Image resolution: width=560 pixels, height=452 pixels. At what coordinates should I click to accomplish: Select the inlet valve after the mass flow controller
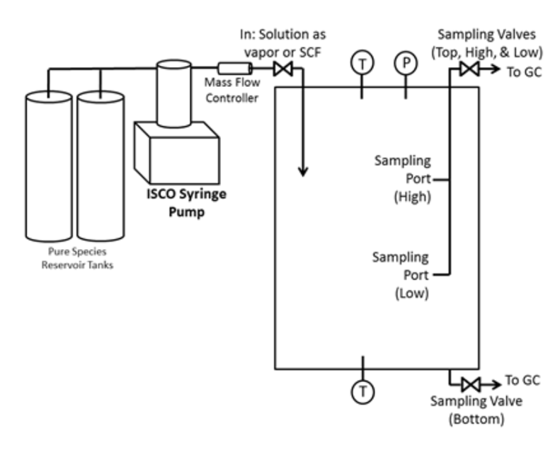point(283,69)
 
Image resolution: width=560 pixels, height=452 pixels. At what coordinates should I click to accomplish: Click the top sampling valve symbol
point(469,69)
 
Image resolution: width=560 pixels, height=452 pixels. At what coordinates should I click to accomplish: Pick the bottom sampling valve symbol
point(471,385)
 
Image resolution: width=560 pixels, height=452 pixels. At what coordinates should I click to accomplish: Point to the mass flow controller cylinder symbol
point(234,68)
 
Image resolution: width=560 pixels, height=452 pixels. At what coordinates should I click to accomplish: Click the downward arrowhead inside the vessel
point(303,172)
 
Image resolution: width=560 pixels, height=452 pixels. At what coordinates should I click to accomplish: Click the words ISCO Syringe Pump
point(186,202)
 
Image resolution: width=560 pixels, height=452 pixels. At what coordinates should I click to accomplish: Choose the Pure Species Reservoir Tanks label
point(77,258)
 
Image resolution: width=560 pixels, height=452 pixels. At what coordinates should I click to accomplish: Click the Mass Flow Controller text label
point(232,90)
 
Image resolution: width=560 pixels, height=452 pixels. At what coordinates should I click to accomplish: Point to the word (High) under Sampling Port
point(413,197)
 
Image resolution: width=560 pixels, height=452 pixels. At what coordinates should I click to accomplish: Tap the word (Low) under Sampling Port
point(412,294)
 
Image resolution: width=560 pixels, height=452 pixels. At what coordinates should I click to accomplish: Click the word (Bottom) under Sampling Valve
point(476,419)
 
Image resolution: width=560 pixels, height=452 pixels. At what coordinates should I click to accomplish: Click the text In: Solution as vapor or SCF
point(282,43)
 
